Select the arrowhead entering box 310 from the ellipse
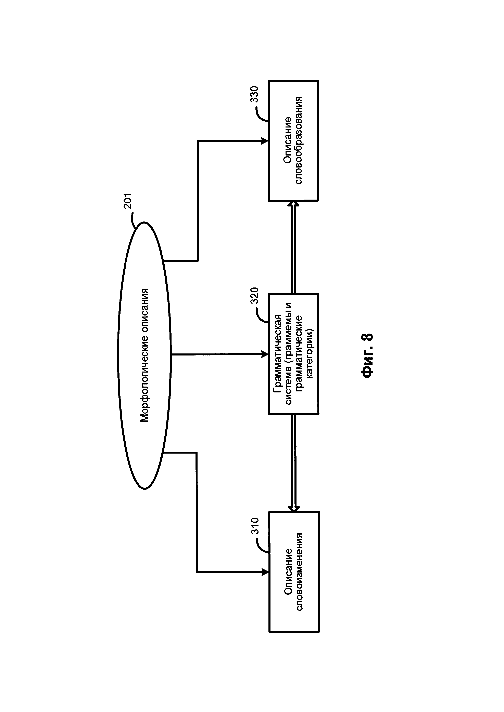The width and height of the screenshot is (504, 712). pos(265,572)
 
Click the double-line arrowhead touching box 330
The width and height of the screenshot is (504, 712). pos(293,204)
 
